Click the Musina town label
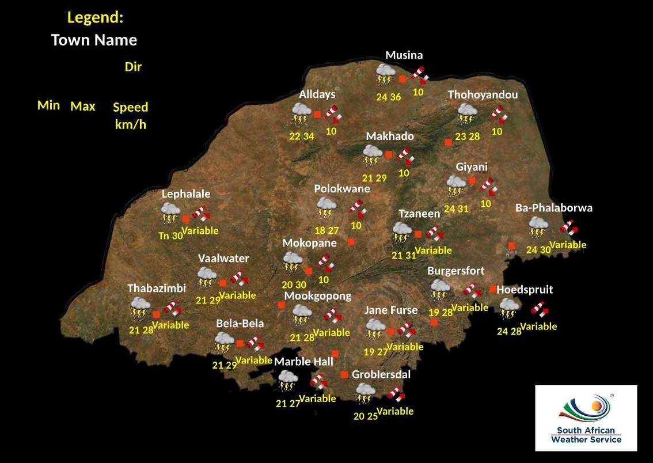pos(404,55)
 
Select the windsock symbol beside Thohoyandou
pos(498,114)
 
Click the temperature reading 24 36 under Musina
pos(388,97)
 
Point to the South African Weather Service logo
pos(586,418)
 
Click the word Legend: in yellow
pos(95,17)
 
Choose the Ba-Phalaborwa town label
pos(553,208)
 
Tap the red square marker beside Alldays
pos(317,115)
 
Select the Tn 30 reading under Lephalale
pos(170,236)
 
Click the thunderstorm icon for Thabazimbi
pos(139,308)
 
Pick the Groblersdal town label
pos(381,374)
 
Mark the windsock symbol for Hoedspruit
pos(540,309)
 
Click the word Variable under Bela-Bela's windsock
pos(253,360)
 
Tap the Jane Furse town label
pos(390,310)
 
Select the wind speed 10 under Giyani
pos(485,204)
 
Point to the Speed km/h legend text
pos(131,116)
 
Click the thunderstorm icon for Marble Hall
pos(287,381)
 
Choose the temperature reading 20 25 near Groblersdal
pos(365,416)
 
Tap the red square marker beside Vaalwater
pos(223,283)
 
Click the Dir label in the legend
pos(133,67)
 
